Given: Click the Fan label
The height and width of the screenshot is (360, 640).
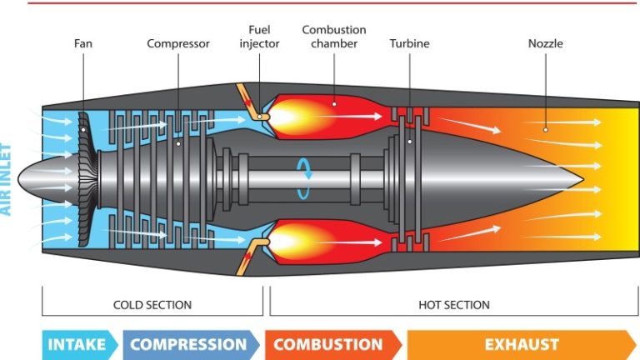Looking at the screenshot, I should tap(82, 43).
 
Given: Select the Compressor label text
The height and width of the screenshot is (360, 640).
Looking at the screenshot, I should tap(177, 43).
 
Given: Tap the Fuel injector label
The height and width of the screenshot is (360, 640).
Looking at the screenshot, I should tap(259, 37).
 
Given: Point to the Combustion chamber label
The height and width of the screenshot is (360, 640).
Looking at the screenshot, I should tap(333, 37).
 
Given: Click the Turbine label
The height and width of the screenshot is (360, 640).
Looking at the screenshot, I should tap(409, 43).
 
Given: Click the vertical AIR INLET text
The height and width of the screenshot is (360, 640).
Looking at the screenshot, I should tap(7, 179).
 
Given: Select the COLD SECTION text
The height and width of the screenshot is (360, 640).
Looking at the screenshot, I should tap(152, 305).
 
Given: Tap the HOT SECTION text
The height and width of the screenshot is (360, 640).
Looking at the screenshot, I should tap(453, 305).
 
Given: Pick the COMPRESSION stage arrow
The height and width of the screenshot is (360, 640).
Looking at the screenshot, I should tap(190, 344).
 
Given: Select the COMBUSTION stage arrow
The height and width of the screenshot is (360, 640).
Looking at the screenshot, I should tap(330, 344).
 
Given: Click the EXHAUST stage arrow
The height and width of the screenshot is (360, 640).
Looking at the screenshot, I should tap(521, 344).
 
